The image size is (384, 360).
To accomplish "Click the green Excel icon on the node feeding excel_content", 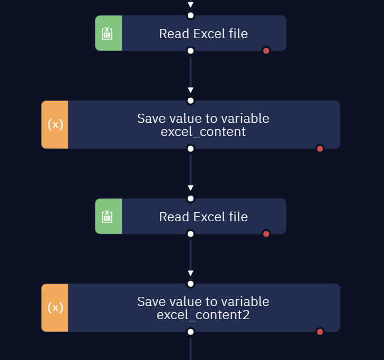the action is click(107, 34).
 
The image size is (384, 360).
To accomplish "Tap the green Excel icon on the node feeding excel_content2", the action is click(107, 217).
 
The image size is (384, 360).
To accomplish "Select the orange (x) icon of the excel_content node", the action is click(55, 125).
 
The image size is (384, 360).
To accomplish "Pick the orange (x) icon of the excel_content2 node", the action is click(55, 308).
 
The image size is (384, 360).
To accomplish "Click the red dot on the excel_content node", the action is click(320, 148).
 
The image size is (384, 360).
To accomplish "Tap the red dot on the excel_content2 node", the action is click(320, 332).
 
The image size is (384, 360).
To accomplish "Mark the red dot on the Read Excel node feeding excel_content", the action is click(266, 51).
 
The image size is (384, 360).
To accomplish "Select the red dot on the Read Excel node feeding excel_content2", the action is click(266, 234).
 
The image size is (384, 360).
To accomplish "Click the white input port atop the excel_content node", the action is click(191, 101).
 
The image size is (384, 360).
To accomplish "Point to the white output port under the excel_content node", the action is click(191, 148).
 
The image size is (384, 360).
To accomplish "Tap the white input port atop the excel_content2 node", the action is click(191, 284).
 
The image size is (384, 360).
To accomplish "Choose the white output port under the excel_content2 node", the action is click(191, 332).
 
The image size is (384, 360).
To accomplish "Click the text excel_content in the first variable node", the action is click(203, 132).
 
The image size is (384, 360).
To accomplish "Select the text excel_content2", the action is click(203, 315).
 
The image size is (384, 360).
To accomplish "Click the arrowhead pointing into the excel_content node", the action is click(191, 90).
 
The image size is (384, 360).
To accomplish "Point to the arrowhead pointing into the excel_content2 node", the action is click(191, 273).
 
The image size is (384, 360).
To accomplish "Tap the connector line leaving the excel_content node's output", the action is click(191, 170).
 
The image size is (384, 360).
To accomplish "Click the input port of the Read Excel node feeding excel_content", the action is click(191, 15).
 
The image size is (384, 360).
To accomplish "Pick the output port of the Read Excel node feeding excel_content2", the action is click(191, 234).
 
